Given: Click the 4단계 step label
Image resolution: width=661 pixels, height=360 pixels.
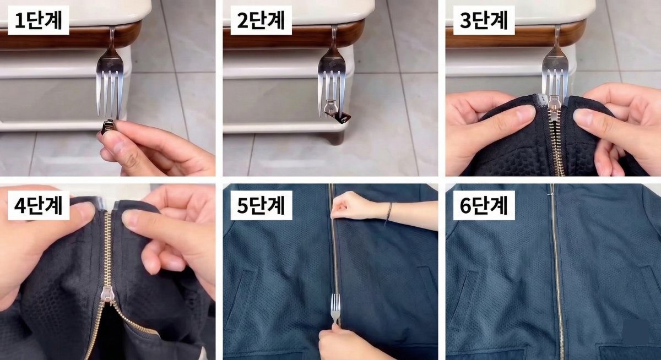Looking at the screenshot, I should pos(37,205).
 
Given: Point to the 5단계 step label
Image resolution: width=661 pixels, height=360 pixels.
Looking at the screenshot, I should pos(261,205).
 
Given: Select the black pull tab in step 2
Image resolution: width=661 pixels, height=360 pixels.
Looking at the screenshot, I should pos(345,117).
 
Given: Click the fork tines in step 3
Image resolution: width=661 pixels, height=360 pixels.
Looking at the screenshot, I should pos(555,83).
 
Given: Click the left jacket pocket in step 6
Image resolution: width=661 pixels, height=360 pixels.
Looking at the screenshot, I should pos(468,292).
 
